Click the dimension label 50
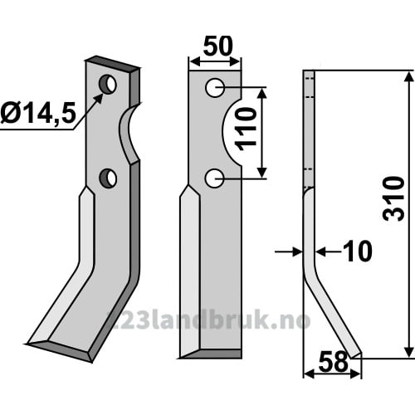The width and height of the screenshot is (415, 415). pos(218,46)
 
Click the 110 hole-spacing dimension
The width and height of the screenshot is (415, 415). pos(246,129)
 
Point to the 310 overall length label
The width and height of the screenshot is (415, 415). pos(393,198)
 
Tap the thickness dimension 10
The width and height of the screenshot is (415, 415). pos(359,251)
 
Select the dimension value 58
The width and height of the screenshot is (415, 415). pos(333,362)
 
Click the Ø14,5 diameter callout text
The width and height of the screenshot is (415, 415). pos(38,115)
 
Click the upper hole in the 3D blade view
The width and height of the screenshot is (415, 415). pos(108,84)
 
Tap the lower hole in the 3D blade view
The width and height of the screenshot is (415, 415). pos(108,178)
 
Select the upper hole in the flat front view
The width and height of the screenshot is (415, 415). pos(215,88)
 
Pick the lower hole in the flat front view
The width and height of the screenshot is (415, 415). pos(214,178)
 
